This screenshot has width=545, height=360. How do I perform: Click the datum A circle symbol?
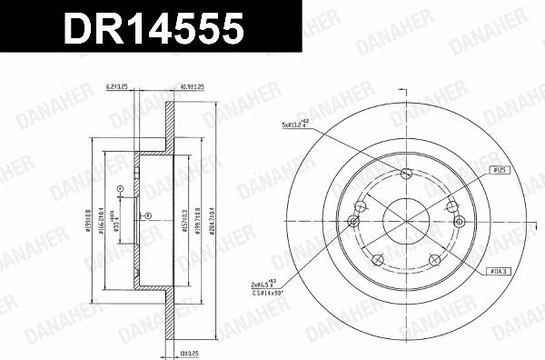click(x=146, y=216)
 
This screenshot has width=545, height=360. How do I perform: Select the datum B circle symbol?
click(x=119, y=188)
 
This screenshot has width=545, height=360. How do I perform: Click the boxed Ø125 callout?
click(x=500, y=168)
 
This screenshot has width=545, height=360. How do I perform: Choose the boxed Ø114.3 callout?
click(x=499, y=270)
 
